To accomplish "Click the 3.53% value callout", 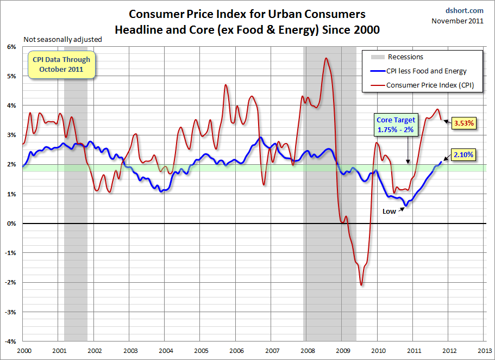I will coord(463,123).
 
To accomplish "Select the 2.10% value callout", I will coord(463,155).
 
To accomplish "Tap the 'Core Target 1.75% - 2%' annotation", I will coord(396,125).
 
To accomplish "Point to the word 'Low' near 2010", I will coord(389,212).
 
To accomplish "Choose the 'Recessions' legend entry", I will coord(405,57).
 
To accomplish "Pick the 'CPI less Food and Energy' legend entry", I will coord(426,71).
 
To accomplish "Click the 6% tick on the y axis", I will coord(11,47).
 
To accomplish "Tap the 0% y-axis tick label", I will coord(11,224).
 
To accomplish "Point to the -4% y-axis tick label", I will coord(10,342).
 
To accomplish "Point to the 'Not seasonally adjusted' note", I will coord(62,40).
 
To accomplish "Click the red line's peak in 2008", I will coord(325,58).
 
